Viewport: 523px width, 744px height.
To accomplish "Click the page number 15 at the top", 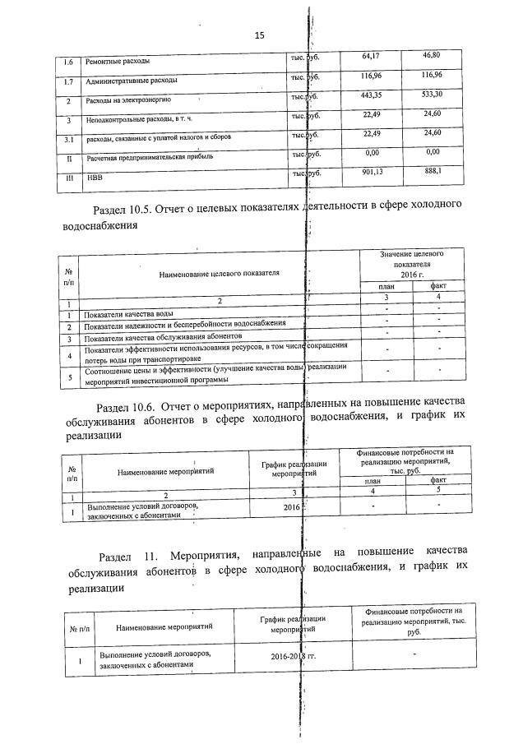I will [261, 35].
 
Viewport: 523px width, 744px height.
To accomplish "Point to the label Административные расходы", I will [132, 81].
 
